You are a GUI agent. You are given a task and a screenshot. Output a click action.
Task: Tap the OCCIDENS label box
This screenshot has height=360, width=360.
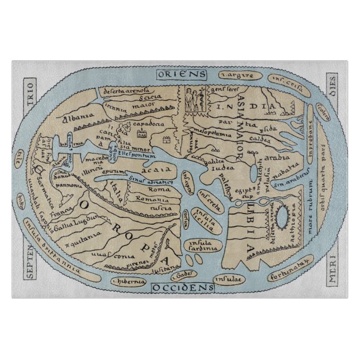point(182,287)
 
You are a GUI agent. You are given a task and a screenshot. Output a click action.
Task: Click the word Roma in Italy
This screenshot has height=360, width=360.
point(159,190)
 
